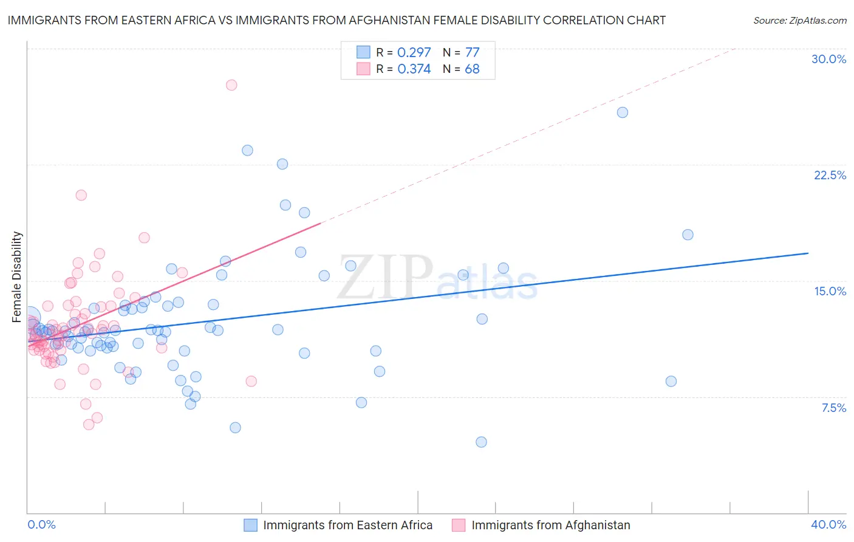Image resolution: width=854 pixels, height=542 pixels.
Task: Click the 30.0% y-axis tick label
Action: point(828,59)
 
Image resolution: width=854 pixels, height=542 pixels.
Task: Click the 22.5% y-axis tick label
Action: point(830,175)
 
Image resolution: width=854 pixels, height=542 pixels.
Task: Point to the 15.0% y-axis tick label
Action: point(830,291)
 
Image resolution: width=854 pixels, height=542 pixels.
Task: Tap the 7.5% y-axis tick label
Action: point(833,408)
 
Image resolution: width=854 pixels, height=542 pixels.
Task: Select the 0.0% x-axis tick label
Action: point(41,524)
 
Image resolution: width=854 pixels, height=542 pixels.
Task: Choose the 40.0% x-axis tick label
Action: point(828,524)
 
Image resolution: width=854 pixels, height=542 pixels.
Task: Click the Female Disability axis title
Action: point(17,276)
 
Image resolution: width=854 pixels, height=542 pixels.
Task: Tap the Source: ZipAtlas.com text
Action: point(799,20)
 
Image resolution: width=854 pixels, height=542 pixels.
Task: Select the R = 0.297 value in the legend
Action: point(403,52)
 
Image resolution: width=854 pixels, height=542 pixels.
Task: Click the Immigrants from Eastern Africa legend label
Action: point(347,525)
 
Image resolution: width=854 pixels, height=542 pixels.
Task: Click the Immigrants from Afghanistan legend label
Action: point(551,525)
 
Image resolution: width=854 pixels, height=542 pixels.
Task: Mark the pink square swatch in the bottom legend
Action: point(459,525)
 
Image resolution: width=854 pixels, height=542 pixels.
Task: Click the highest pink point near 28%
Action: point(231,85)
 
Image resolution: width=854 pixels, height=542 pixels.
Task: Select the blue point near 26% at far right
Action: point(623,112)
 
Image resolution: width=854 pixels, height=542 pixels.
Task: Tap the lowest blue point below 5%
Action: point(481,442)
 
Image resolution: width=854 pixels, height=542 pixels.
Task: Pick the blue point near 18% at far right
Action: point(688,235)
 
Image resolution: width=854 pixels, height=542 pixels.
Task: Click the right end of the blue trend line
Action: point(808,253)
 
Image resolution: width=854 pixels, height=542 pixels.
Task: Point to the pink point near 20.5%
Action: point(81,195)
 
